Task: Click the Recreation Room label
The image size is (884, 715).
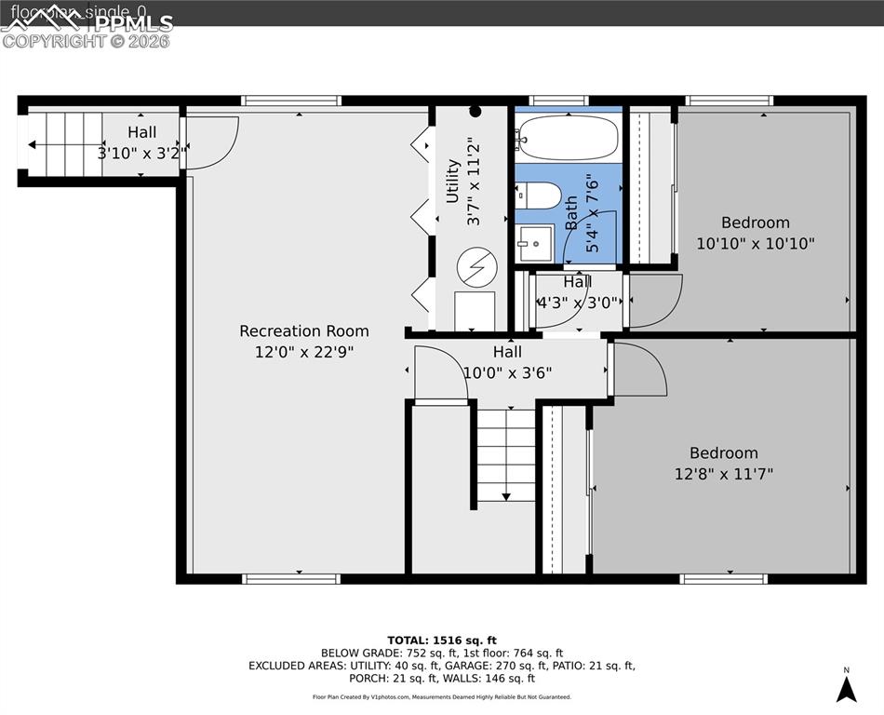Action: click(x=303, y=331)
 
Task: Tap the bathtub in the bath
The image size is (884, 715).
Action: click(x=568, y=138)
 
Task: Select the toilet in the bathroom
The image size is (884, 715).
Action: click(x=540, y=196)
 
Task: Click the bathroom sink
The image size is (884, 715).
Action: click(x=535, y=244)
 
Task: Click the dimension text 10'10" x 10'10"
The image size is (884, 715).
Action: click(x=756, y=244)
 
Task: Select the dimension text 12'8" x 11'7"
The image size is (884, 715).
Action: click(x=724, y=474)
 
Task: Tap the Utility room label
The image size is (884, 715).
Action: click(x=453, y=181)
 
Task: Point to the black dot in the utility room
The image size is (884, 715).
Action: click(x=475, y=112)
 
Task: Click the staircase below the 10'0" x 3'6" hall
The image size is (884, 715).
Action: click(x=506, y=454)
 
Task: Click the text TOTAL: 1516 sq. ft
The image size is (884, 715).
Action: click(x=441, y=640)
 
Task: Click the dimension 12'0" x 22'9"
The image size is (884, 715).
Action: click(x=303, y=352)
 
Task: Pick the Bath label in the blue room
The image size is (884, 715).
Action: click(x=571, y=211)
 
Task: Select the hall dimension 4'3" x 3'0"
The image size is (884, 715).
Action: click(x=577, y=303)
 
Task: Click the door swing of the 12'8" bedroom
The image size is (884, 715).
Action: click(x=638, y=370)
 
